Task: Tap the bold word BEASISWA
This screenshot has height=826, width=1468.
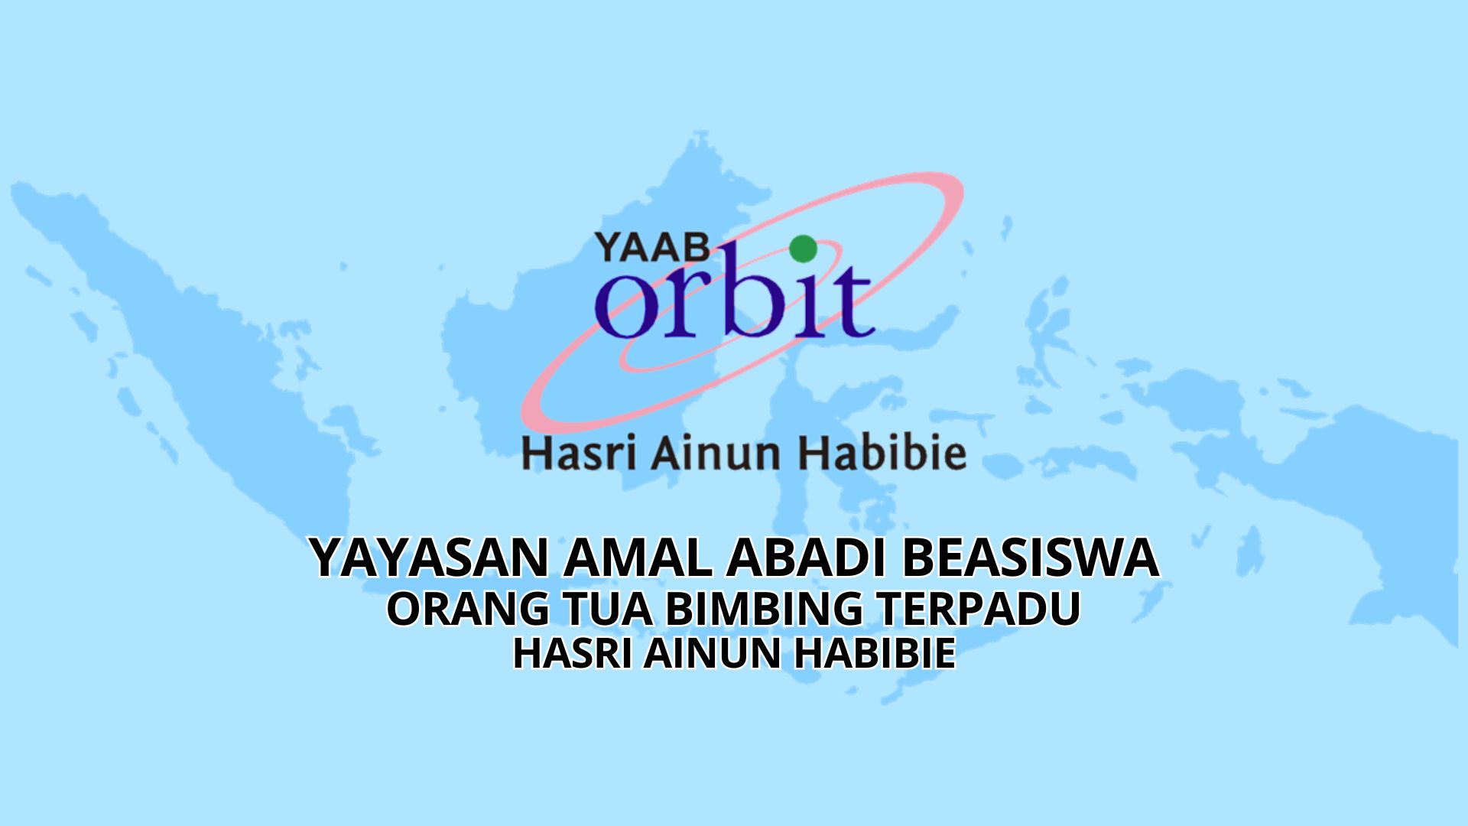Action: [1030, 558]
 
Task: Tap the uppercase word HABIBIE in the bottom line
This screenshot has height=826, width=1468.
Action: [874, 655]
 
